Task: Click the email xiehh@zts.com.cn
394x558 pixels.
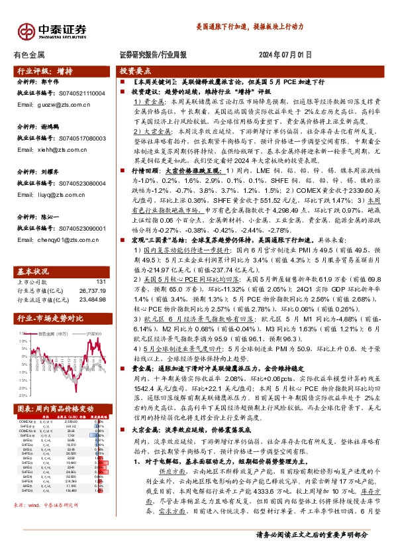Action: (50, 149)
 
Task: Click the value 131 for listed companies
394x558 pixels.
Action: (101, 263)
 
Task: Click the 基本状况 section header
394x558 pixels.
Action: (32, 254)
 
